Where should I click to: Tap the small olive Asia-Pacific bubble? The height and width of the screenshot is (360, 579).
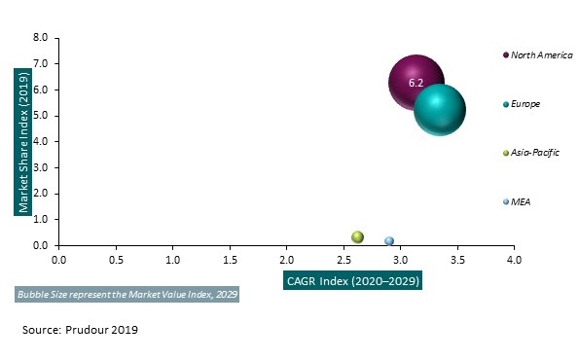[357, 236]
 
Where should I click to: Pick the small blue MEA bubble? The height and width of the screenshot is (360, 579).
[389, 240]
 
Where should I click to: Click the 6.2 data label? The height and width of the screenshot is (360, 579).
[416, 84]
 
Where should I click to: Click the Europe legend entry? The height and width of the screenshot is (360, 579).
[525, 103]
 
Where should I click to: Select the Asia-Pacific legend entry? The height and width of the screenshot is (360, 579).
[534, 153]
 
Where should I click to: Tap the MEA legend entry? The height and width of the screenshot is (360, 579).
[520, 201]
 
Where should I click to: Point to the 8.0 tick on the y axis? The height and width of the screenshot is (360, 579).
[40, 38]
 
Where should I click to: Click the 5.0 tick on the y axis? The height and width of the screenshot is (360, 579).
[40, 116]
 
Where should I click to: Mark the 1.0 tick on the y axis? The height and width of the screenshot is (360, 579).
[40, 220]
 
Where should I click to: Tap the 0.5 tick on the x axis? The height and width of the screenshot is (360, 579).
[115, 262]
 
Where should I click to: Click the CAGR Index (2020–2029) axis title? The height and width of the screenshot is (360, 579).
[344, 281]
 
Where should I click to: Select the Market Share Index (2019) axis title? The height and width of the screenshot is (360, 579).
[18, 142]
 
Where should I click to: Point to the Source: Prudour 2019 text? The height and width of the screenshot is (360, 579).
[80, 330]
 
